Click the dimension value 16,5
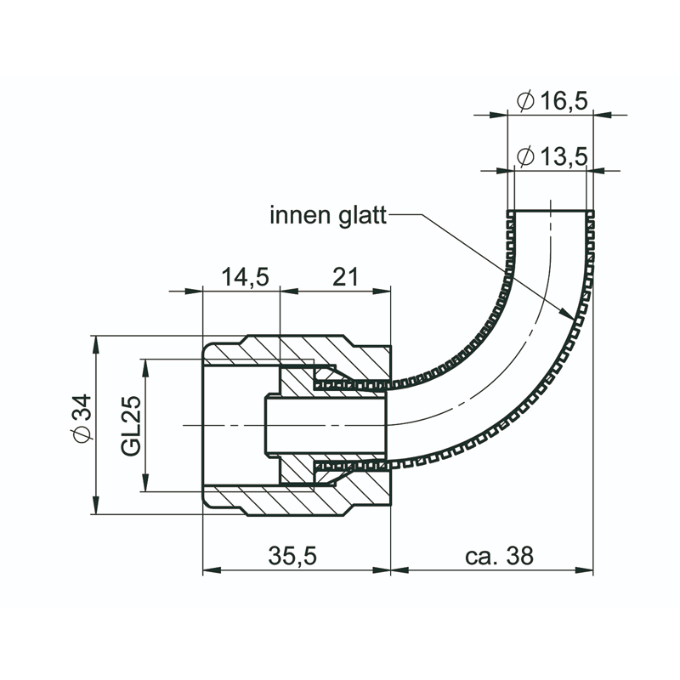[564, 101]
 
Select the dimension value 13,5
[564, 156]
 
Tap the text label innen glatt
[328, 215]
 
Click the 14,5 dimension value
[245, 277]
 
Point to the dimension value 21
[344, 277]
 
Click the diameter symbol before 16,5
[525, 101]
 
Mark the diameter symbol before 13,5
[525, 156]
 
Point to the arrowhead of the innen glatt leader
[570, 315]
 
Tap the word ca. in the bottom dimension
[481, 556]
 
